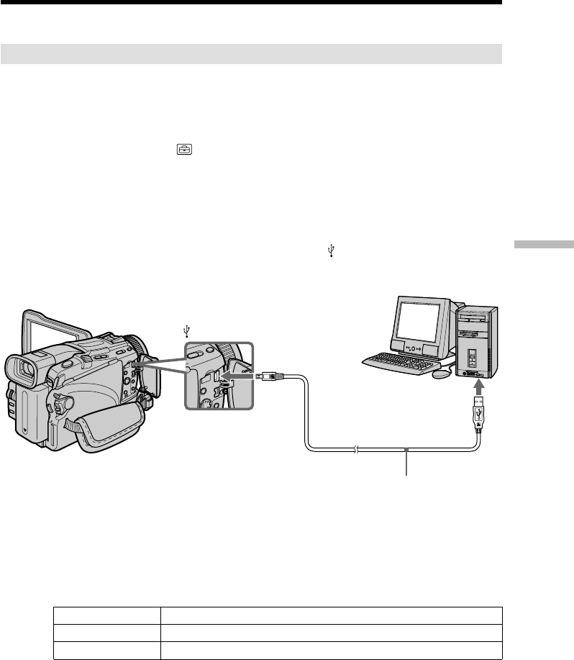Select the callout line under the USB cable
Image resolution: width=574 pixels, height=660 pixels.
[x=408, y=462]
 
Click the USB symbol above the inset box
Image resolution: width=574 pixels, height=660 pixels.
[x=187, y=331]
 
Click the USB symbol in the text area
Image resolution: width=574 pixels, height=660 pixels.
[x=331, y=250]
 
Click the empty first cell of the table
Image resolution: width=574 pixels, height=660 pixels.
[x=107, y=615]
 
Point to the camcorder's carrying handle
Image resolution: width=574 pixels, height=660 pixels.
[x=58, y=324]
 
